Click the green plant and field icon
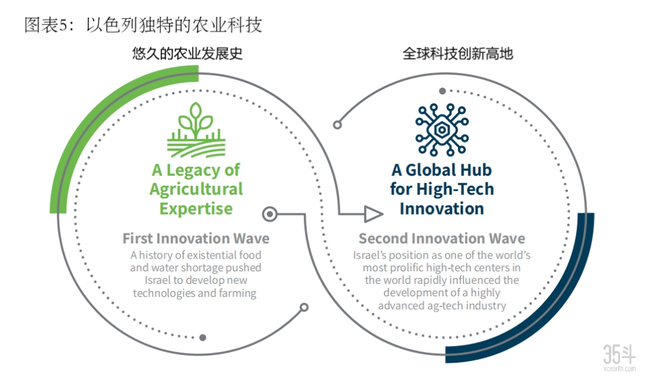point(196,130)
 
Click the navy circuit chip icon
point(442,130)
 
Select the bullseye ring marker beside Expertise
point(270,214)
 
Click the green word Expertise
point(196,209)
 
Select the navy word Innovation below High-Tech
point(442,209)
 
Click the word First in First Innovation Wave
point(138,238)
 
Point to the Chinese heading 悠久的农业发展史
point(188,54)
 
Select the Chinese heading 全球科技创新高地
point(458,54)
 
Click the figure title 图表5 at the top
point(45,25)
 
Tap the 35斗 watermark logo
point(619,357)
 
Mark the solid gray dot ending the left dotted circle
point(203,338)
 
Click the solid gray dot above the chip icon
point(442,91)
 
